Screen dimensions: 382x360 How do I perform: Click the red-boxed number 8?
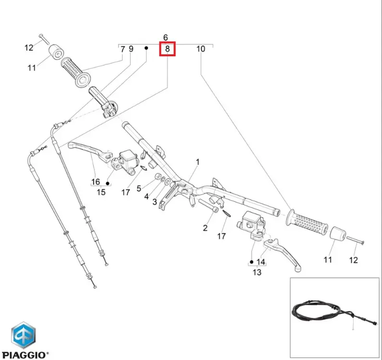[x=167, y=49]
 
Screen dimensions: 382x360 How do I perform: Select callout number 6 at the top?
[x=165, y=37]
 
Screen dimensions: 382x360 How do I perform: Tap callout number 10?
[x=201, y=49]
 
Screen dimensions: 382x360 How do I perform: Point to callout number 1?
[x=197, y=162]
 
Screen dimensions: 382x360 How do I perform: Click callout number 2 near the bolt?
[x=205, y=228]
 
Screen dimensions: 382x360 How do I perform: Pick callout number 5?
[x=138, y=188]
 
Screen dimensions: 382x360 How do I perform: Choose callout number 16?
[x=96, y=182]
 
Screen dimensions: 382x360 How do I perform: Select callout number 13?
[x=257, y=272]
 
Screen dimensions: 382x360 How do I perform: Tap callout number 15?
[x=101, y=192]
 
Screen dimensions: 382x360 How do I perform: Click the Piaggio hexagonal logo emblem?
[x=24, y=335]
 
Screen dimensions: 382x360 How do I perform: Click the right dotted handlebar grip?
[x=307, y=223]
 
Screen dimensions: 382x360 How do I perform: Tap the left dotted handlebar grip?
[x=75, y=73]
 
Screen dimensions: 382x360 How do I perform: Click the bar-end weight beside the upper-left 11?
[x=56, y=52]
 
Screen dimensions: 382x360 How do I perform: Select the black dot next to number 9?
[x=146, y=48]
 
